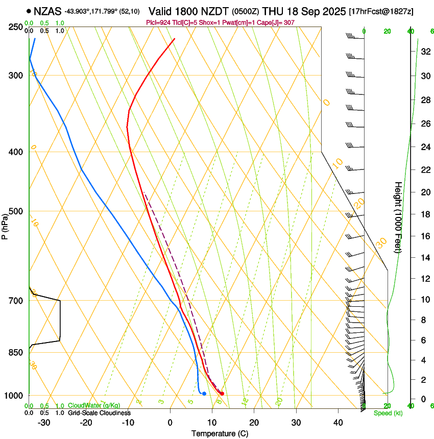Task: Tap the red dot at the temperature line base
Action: click(x=222, y=394)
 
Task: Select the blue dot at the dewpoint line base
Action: click(x=204, y=393)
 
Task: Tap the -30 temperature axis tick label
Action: click(x=44, y=423)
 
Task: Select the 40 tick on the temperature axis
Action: click(x=337, y=423)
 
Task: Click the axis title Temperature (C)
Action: click(x=220, y=433)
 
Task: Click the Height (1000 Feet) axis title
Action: click(x=398, y=217)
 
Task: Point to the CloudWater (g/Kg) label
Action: click(x=94, y=406)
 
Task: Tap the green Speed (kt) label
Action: click(x=388, y=413)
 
